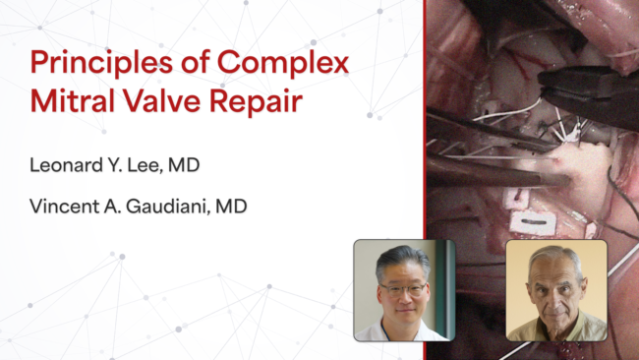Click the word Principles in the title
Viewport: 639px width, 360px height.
(x=101, y=63)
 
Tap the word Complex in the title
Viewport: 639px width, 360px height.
(x=283, y=63)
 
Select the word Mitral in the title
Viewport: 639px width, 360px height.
(x=72, y=100)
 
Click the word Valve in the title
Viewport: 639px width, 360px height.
(x=162, y=100)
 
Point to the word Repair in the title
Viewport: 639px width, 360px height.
(x=256, y=102)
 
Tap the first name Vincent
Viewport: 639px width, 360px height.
(x=64, y=207)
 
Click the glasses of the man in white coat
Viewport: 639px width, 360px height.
(x=403, y=289)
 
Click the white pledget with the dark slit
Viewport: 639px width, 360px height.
(x=533, y=222)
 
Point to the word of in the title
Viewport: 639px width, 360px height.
(x=195, y=63)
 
